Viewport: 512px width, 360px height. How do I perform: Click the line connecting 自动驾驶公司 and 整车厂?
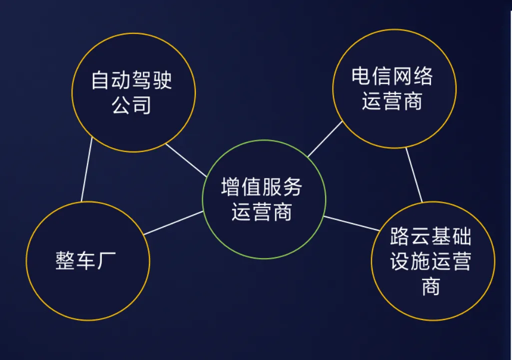86,169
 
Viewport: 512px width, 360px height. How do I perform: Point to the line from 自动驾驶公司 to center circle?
186,160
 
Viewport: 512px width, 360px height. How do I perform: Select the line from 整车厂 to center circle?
173,223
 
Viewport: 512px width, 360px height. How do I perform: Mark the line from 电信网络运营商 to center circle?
325,139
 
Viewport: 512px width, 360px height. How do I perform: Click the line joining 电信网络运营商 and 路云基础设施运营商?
414,175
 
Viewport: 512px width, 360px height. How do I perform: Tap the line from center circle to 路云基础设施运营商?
352,223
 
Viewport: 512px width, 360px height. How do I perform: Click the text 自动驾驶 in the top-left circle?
131,80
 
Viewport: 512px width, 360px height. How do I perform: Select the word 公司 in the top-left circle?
131,105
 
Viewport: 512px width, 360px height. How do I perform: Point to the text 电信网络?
392,76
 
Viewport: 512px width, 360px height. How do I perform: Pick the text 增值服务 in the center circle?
262,186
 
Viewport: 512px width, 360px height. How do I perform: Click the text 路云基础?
431,236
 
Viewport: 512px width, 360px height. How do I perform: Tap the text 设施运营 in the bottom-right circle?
431,261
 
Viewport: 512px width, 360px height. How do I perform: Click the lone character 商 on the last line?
431,286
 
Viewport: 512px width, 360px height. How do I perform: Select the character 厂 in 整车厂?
106,260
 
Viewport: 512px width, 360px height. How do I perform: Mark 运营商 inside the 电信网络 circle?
392,101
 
